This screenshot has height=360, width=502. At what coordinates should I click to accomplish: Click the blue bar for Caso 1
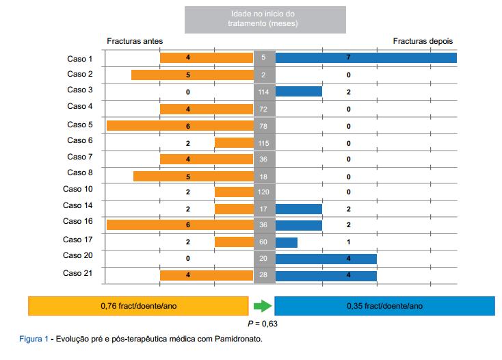tap(365, 58)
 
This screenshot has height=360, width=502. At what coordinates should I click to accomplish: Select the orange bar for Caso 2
tap(192, 75)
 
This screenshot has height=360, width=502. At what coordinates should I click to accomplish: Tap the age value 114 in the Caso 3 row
tap(264, 91)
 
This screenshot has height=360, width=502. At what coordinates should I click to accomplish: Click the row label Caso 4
tap(79, 106)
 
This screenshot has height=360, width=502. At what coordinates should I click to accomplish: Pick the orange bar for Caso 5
tap(180, 126)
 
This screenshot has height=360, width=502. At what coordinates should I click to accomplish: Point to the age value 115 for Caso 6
tap(264, 142)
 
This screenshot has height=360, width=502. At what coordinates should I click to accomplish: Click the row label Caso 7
tap(79, 157)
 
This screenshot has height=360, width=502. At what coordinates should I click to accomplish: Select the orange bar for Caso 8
tap(193, 176)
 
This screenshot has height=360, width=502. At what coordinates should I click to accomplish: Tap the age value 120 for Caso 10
tap(264, 192)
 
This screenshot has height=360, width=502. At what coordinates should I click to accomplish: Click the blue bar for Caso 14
tap(298, 209)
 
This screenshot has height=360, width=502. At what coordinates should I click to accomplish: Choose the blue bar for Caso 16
tap(298, 225)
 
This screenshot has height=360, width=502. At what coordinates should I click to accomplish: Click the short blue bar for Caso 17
tap(286, 242)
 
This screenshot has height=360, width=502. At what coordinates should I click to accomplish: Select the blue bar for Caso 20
tap(326, 259)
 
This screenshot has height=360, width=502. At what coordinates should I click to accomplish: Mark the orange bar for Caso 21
tap(207, 275)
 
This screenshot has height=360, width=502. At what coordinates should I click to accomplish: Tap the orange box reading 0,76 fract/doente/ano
tap(138, 306)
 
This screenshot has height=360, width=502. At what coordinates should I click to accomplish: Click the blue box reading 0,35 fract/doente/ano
tap(384, 306)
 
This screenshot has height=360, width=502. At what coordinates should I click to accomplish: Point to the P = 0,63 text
tap(262, 324)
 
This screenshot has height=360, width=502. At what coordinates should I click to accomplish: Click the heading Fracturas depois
tap(422, 41)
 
